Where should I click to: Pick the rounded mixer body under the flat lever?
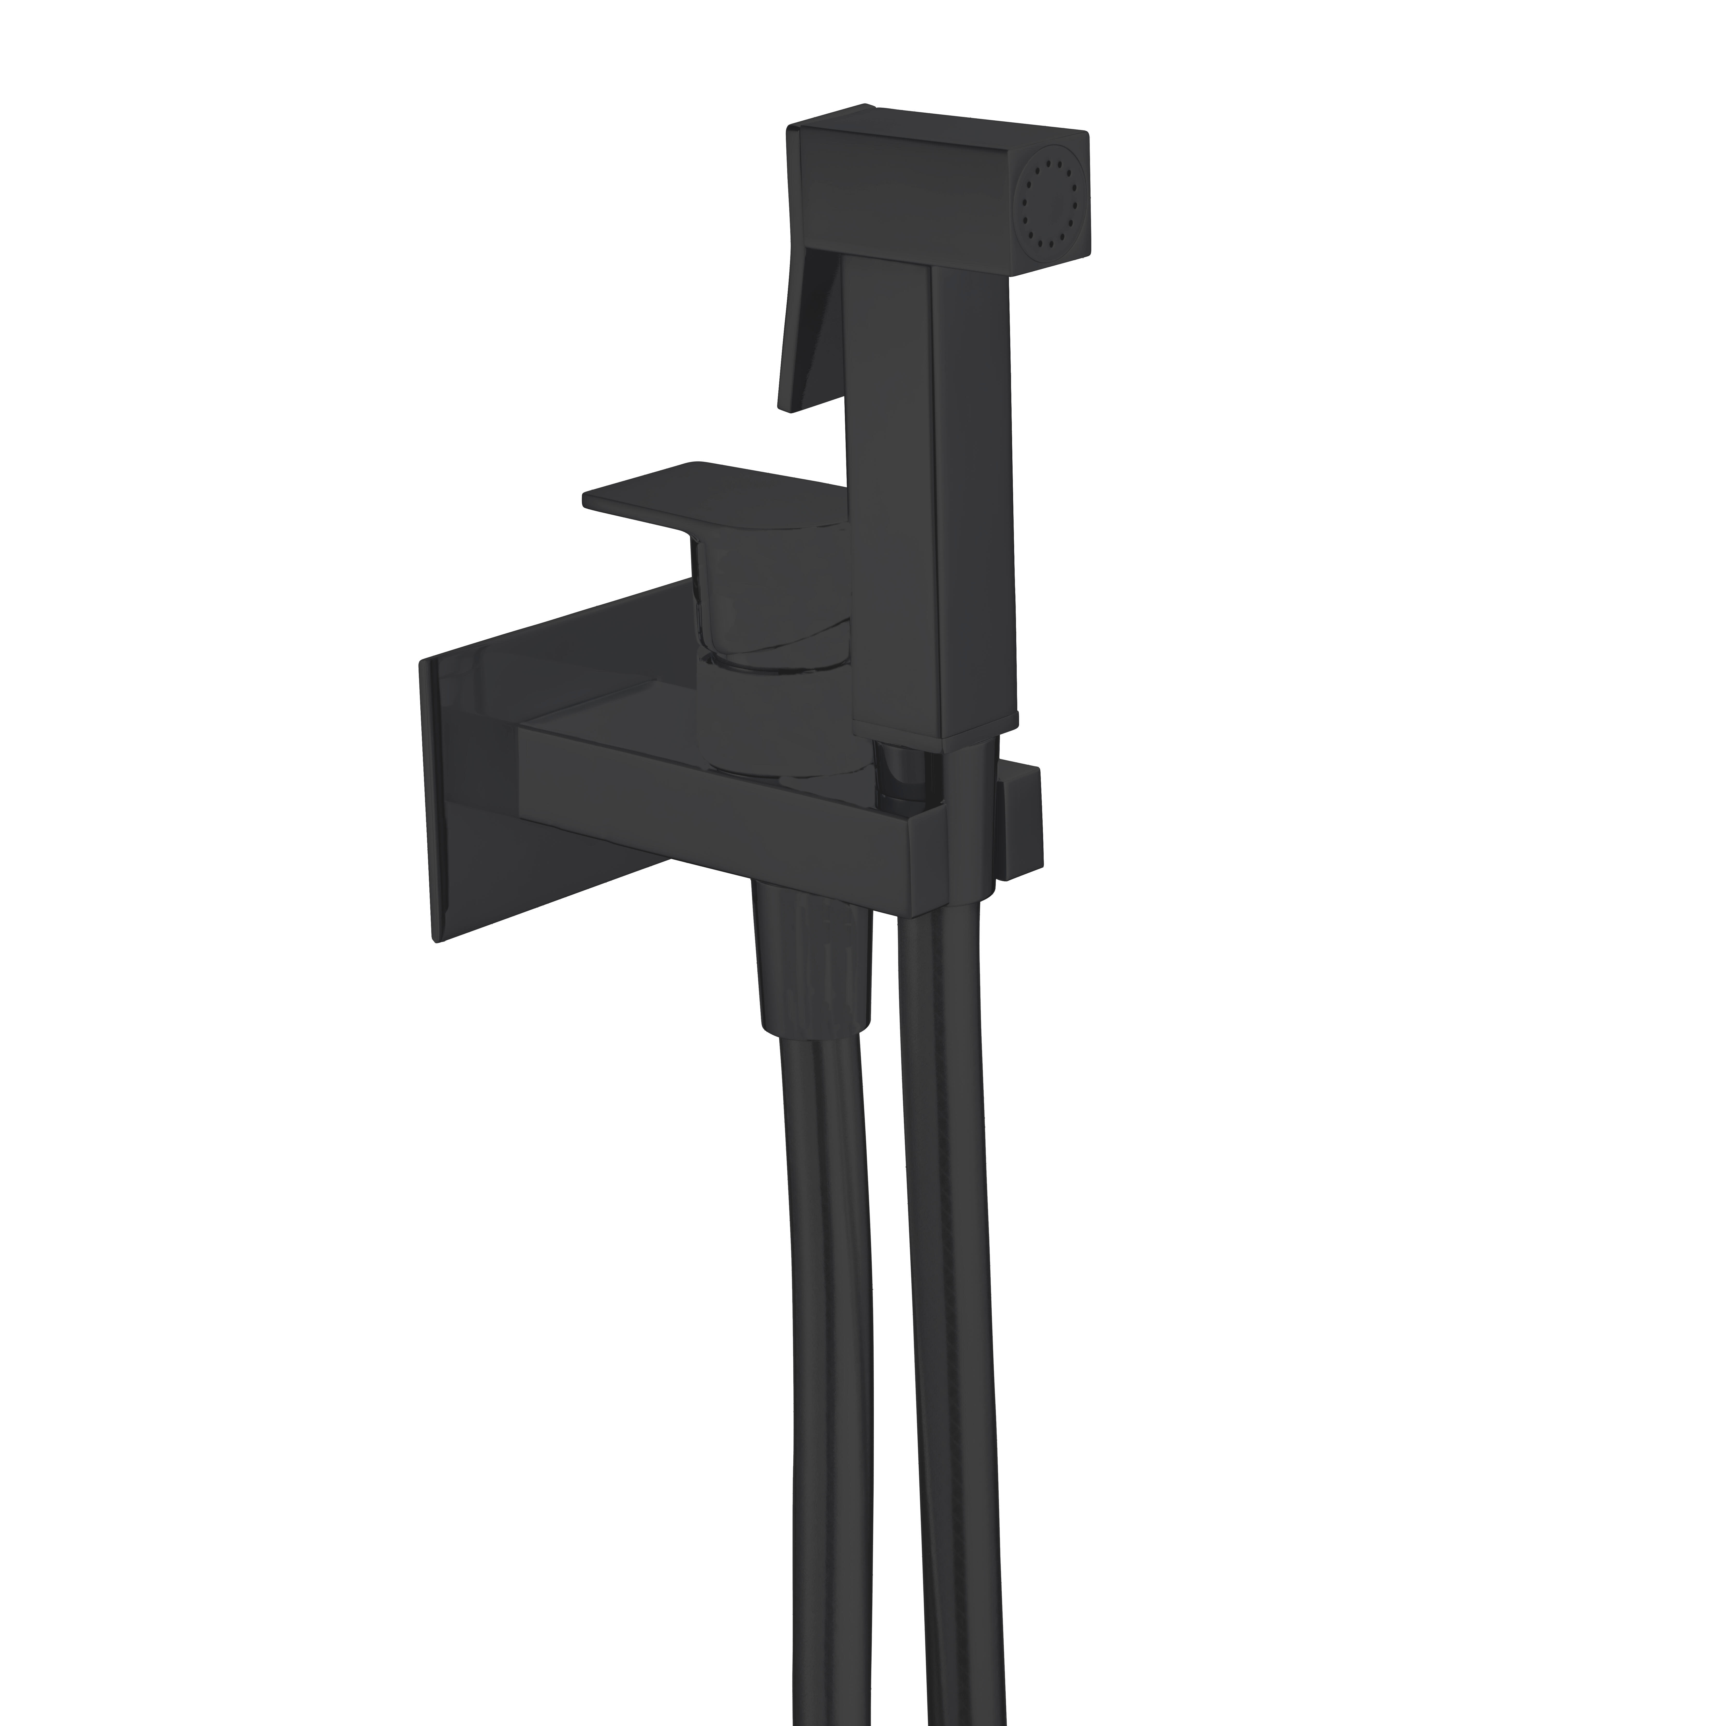[x=768, y=608]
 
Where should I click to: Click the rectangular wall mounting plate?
[x=500, y=786]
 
